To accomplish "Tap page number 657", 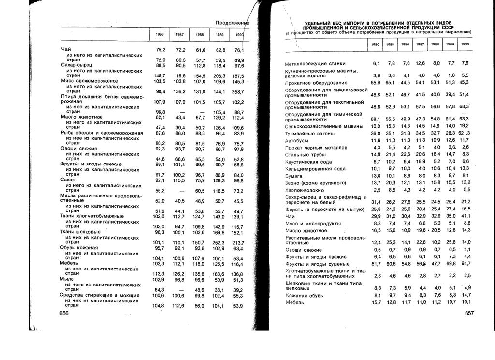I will [x=467, y=314].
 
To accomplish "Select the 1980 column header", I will [x=375, y=44].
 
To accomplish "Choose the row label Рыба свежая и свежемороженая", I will [x=102, y=133].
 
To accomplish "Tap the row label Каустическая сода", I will [x=308, y=162].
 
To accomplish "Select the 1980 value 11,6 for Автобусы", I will [x=376, y=140].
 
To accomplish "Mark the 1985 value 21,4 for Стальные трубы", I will [x=391, y=154].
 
